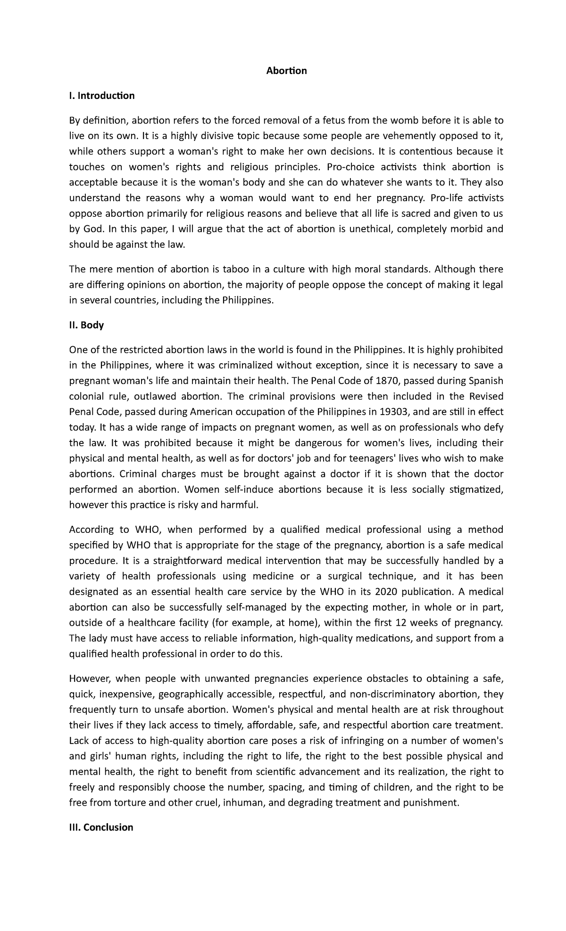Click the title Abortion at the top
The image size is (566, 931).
point(286,71)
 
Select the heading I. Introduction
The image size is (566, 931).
point(101,96)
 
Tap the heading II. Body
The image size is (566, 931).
point(86,325)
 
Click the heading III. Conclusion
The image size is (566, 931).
point(101,827)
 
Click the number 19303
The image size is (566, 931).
point(393,412)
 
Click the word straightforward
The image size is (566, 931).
point(191,561)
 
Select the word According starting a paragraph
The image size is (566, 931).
point(91,530)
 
